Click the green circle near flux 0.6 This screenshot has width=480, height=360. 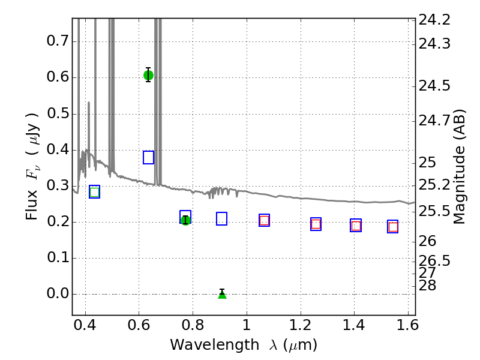[x=148, y=75]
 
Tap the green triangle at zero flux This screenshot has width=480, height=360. [x=222, y=295]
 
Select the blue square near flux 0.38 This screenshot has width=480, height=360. [x=148, y=157]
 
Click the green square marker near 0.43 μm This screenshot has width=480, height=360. [x=95, y=192]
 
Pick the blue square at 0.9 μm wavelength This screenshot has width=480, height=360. [x=221, y=218]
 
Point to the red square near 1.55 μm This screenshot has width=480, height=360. [x=393, y=227]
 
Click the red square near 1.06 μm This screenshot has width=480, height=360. [x=264, y=220]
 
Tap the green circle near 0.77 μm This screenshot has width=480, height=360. [x=185, y=220]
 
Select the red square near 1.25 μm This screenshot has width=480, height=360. [x=316, y=224]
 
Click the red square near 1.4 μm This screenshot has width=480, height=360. [x=356, y=226]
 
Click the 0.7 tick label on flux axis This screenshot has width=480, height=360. [x=58, y=41]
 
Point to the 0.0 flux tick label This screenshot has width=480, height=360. [x=58, y=293]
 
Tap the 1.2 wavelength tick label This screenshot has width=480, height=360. [x=301, y=325]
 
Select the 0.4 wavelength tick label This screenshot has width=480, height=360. [x=85, y=325]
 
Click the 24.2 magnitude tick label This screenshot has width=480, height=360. [x=434, y=20]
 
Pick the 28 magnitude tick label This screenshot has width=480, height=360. [x=427, y=286]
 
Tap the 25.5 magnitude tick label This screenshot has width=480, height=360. [x=434, y=211]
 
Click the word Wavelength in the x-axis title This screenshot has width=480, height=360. [x=215, y=345]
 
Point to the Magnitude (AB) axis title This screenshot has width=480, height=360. [x=459, y=167]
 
